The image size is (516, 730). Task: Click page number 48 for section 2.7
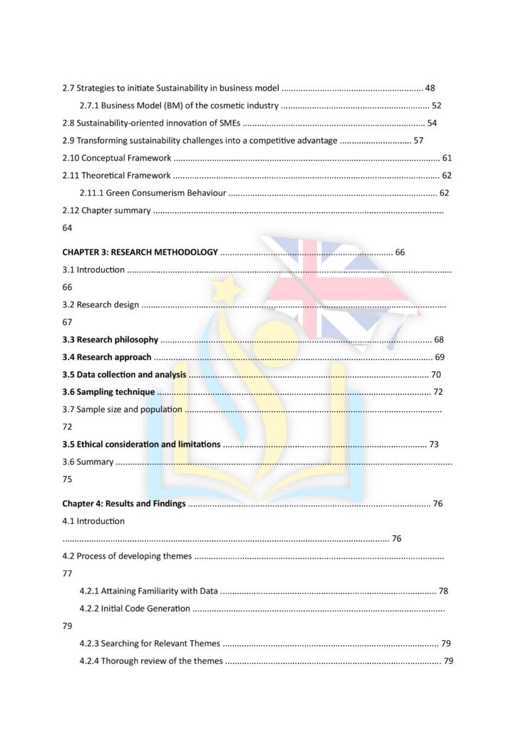tap(430, 88)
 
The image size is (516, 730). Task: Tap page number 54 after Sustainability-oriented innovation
tap(432, 123)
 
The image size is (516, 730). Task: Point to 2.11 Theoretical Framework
tap(116, 175)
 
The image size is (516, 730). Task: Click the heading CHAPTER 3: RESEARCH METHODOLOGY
tap(140, 252)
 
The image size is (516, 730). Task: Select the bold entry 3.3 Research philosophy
tap(110, 339)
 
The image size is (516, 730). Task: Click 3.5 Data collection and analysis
tap(124, 374)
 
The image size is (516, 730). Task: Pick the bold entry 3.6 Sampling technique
tap(108, 392)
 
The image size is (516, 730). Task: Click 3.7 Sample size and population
tap(122, 409)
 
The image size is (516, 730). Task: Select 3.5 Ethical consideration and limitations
tap(141, 444)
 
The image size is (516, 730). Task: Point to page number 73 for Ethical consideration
tap(434, 444)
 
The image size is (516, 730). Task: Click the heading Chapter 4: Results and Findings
tap(124, 503)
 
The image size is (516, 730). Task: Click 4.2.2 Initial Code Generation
tap(135, 608)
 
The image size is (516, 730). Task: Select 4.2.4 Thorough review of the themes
tap(151, 661)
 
